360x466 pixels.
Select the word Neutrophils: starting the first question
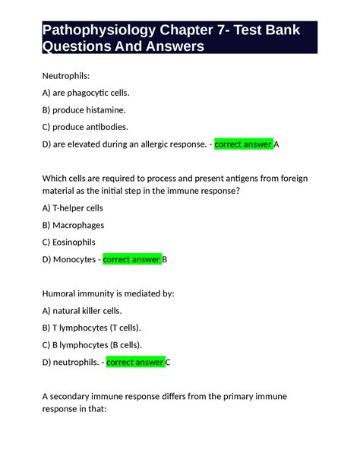tap(65, 76)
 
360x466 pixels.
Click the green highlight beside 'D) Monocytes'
tap(131, 259)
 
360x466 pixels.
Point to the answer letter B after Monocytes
tap(165, 259)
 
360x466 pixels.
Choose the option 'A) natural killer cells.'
tap(82, 310)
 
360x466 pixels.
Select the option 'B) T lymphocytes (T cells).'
tap(92, 327)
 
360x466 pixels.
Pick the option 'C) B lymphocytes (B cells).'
tap(93, 344)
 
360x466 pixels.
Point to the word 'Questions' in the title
tap(76, 47)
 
